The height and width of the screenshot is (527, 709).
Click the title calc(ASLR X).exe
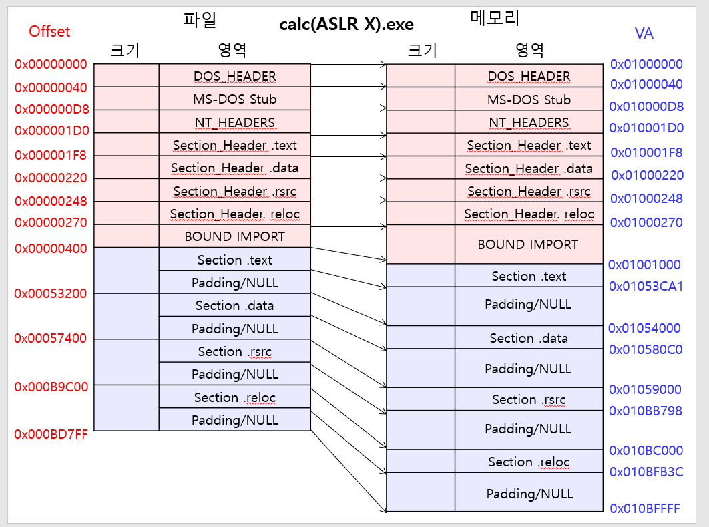(x=346, y=25)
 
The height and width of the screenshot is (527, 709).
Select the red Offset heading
(x=49, y=31)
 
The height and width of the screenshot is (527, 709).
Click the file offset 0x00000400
(x=51, y=248)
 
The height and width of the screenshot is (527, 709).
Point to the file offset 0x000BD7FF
(x=51, y=434)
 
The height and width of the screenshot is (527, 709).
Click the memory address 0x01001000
(x=644, y=265)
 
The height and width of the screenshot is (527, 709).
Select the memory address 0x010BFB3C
(x=646, y=472)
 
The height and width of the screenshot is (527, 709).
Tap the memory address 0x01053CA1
(x=646, y=286)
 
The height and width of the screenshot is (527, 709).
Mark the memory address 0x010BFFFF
(x=645, y=508)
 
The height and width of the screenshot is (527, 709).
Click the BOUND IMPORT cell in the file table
(x=234, y=236)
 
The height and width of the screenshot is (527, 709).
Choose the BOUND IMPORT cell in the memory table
(x=528, y=244)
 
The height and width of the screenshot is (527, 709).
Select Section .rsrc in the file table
(x=234, y=351)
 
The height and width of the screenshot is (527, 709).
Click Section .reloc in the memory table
(x=529, y=462)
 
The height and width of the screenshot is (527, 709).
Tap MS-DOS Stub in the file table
(x=234, y=99)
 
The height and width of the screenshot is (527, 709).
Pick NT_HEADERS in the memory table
(x=529, y=122)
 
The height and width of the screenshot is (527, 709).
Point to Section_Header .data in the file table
(x=234, y=168)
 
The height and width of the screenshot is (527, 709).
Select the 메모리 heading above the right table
(x=495, y=19)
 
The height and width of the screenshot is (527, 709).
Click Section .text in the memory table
(x=529, y=276)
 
